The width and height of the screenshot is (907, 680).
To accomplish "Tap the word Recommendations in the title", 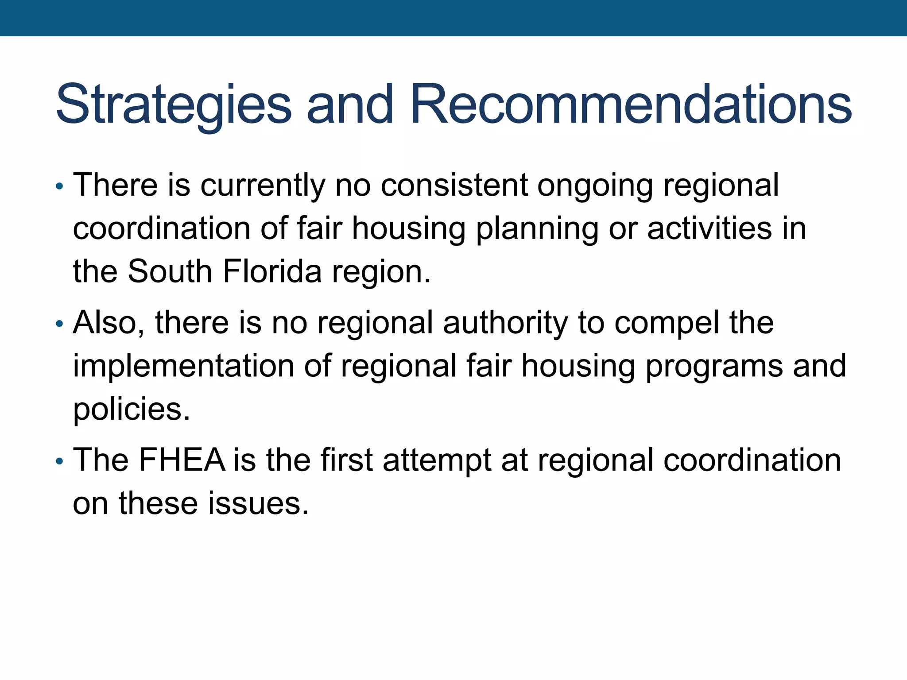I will pos(631,104).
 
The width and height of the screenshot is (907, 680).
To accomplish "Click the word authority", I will pos(505,323).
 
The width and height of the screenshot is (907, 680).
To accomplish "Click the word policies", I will pos(132,409).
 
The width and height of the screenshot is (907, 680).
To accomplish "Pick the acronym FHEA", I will pos(182,460).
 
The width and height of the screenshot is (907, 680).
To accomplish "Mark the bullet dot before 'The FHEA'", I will pos(60,462).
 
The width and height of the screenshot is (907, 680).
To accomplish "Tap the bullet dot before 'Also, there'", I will pos(60,324).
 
